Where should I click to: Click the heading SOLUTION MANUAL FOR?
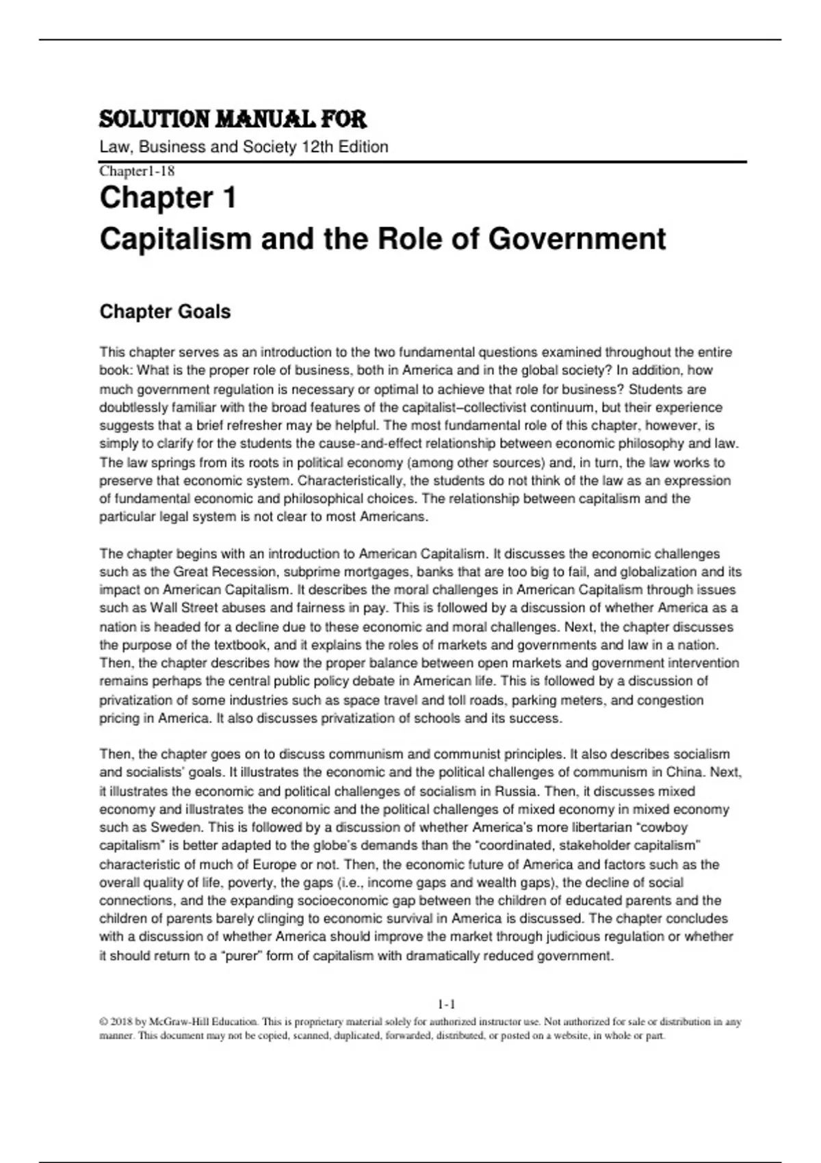tap(233, 120)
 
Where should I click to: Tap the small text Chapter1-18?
tap(137, 171)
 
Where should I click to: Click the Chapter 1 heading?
tap(168, 198)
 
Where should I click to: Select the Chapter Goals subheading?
tap(165, 312)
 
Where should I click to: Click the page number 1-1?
tap(446, 1005)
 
